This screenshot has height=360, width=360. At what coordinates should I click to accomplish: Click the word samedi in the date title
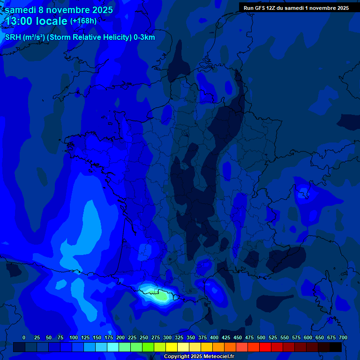click(x=20, y=10)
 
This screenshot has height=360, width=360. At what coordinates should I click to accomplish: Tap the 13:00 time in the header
click(x=18, y=21)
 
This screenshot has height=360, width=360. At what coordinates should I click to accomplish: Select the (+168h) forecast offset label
click(x=83, y=21)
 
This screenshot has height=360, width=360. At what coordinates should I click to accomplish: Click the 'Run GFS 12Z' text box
click(x=296, y=7)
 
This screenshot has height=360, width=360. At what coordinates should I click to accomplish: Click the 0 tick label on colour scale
click(x=24, y=337)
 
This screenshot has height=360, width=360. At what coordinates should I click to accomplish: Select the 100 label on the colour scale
click(x=74, y=337)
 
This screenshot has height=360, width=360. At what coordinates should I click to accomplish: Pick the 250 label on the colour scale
click(x=144, y=337)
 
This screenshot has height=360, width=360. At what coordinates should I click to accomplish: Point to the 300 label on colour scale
click(x=167, y=337)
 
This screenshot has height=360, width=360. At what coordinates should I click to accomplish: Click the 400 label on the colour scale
click(x=214, y=337)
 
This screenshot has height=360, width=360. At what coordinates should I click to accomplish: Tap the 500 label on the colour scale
click(x=261, y=337)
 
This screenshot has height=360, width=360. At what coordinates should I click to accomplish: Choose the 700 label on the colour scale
click(x=343, y=337)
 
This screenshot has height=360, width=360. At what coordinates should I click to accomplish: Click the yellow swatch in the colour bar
click(x=172, y=347)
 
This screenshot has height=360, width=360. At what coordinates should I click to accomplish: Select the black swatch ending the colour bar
click(x=336, y=347)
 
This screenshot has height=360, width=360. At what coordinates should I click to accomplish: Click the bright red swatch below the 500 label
click(x=265, y=347)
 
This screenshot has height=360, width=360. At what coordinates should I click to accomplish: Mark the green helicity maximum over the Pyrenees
click(x=160, y=296)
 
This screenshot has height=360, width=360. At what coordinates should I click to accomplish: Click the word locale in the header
click(x=52, y=21)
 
